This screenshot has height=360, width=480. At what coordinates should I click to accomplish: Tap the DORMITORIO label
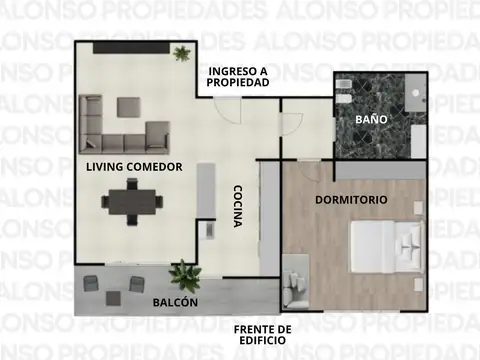point(351,200)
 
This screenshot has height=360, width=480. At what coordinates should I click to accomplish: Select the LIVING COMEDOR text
point(133,167)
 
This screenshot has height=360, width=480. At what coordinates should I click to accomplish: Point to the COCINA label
point(238,206)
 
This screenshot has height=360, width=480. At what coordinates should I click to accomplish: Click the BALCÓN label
point(175,302)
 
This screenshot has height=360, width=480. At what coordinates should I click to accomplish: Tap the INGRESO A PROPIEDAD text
point(238,77)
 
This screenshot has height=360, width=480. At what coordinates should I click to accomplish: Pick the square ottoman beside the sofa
point(128,105)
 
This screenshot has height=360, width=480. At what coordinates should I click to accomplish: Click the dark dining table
point(131,203)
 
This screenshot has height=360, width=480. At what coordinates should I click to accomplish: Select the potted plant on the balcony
point(184,273)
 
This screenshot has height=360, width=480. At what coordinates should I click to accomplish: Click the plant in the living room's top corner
point(182,53)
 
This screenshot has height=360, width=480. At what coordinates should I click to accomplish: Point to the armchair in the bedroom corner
point(297,284)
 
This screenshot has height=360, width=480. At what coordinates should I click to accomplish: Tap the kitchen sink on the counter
point(209,228)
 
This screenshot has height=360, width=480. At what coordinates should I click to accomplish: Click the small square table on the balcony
point(114,296)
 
